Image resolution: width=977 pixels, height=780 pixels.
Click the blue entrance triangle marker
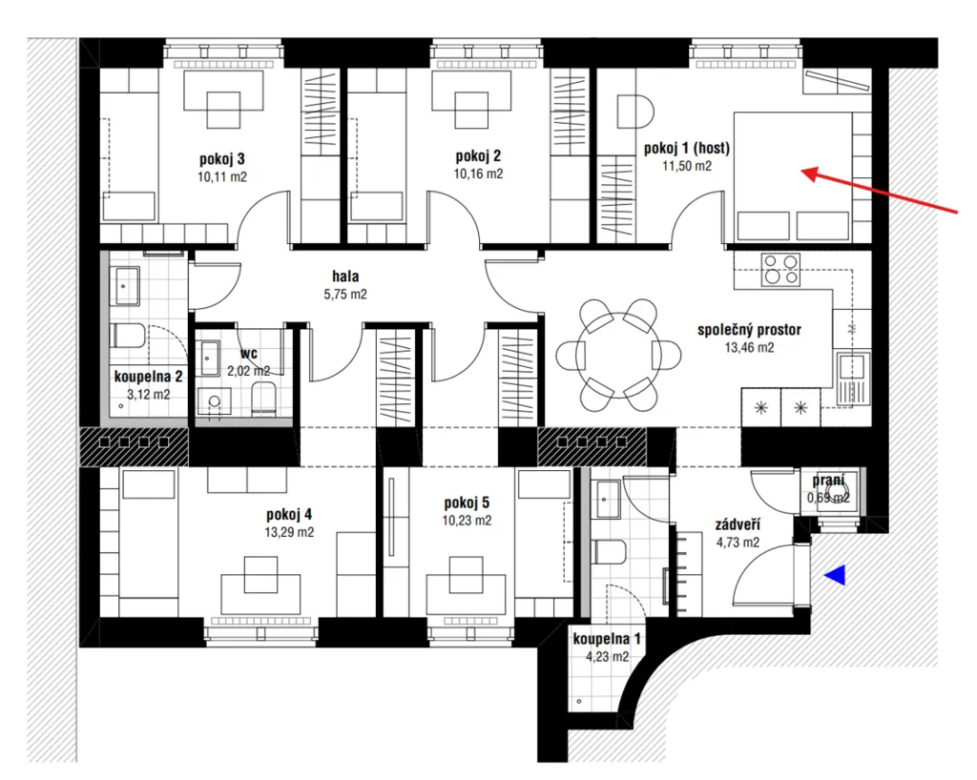pos(838,575)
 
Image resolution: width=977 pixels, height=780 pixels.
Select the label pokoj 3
pos(221,158)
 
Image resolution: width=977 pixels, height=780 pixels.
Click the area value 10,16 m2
pos(478,174)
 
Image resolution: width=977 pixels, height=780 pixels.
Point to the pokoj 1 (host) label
pos(687,148)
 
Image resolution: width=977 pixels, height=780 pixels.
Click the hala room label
pos(345,276)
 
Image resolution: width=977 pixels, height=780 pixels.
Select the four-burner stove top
pos(780,270)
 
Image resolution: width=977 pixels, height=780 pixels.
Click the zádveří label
pos(738,524)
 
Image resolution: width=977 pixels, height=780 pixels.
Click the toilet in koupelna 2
pos(129,337)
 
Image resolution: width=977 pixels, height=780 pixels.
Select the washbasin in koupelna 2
pos(125,286)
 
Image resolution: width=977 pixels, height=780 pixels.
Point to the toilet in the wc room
pos(263,398)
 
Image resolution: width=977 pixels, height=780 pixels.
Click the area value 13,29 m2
pos(289,532)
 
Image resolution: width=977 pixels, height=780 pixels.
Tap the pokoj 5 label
pos(467,503)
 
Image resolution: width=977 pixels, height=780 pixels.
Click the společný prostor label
pos(749,330)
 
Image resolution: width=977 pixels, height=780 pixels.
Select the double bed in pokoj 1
pos(792,176)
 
